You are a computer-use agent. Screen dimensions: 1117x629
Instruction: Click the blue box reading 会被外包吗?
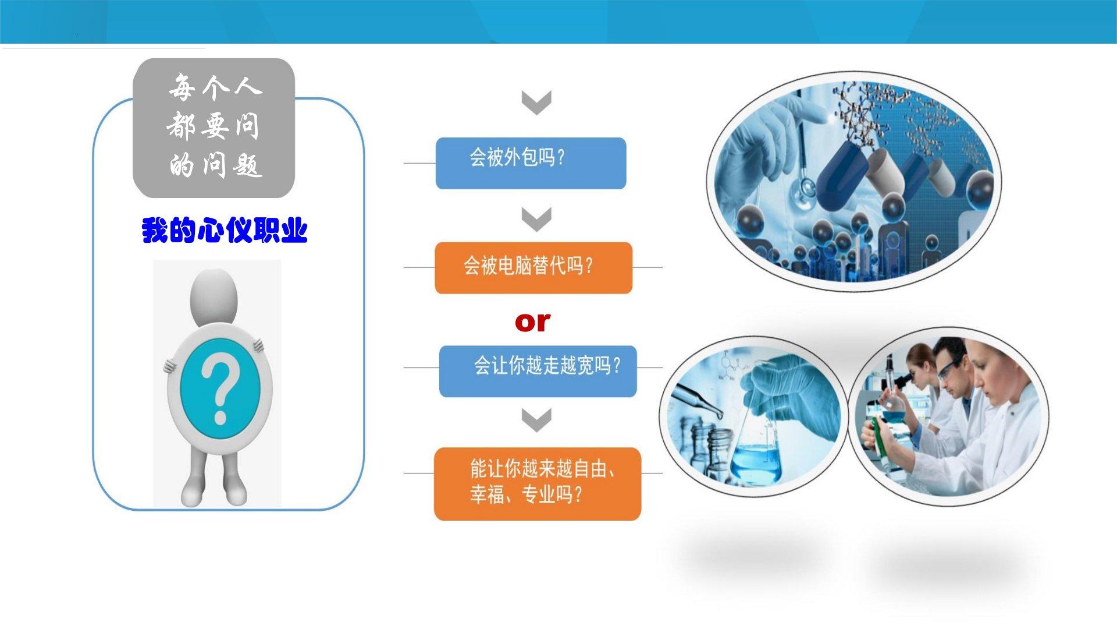(531, 163)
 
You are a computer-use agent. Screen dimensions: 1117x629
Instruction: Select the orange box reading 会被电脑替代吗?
(533, 268)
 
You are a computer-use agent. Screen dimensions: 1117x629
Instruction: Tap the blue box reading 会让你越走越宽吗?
(538, 372)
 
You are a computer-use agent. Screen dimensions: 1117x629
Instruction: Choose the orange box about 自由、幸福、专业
(538, 484)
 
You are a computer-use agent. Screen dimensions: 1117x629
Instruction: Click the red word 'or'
(532, 322)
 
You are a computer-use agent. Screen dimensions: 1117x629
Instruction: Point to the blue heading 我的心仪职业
(225, 231)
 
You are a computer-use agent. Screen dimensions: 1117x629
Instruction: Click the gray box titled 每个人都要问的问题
(214, 128)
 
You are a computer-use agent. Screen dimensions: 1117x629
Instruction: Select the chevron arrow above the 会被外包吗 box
(536, 103)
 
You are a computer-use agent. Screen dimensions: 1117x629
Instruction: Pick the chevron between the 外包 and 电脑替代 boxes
(536, 220)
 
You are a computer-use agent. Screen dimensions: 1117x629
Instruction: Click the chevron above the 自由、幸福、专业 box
(536, 420)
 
